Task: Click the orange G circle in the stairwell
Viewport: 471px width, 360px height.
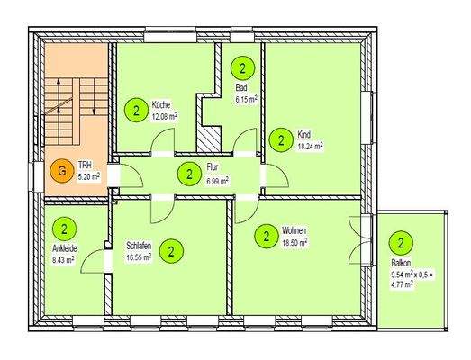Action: pyautogui.click(x=61, y=169)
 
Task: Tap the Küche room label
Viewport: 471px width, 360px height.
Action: pyautogui.click(x=162, y=104)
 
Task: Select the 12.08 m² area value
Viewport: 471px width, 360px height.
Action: pyautogui.click(x=165, y=116)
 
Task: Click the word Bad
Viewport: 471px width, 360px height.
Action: pyautogui.click(x=241, y=87)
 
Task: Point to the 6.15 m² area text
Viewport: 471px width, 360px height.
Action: pyautogui.click(x=246, y=99)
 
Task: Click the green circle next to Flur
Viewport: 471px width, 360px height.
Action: pyautogui.click(x=188, y=174)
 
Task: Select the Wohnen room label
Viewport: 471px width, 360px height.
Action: pyautogui.click(x=294, y=230)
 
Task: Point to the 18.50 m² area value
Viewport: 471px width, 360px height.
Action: pyautogui.click(x=295, y=242)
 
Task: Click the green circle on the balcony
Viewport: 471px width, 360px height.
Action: pyautogui.click(x=400, y=242)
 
